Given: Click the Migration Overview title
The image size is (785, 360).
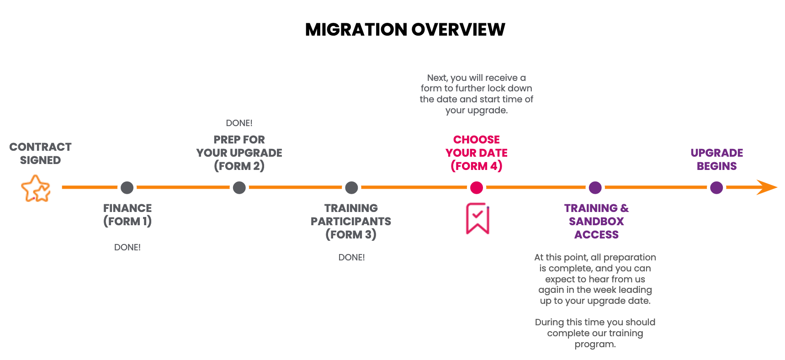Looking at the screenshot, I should [405, 30].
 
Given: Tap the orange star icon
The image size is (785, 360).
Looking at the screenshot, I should [36, 188].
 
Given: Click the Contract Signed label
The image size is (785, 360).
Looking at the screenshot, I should [40, 154].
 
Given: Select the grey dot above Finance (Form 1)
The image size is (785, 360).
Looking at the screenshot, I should [127, 187].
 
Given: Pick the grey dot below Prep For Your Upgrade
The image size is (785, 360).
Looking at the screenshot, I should [239, 187].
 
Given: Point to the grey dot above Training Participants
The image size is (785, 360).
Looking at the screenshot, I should [351, 187].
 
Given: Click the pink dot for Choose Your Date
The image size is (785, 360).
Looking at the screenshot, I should [476, 187].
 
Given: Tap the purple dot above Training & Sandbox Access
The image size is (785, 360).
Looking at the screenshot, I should [595, 187].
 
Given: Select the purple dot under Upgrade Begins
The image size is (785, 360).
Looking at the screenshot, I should [716, 187].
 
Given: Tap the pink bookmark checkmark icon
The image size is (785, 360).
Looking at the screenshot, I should [477, 218].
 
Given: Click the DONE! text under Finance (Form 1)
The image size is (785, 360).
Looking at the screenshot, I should [127, 247].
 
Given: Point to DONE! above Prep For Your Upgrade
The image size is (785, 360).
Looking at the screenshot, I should [239, 123].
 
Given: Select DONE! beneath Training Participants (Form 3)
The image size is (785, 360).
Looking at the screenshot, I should [351, 257].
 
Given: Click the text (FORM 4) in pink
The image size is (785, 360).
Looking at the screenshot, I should [476, 166].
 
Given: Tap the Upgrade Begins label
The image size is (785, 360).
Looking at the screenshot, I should [716, 159].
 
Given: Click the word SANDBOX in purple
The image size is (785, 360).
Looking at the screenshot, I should [596, 222].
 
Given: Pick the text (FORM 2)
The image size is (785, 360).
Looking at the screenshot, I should [239, 166].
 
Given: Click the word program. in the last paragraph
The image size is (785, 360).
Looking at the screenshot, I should [595, 344].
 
